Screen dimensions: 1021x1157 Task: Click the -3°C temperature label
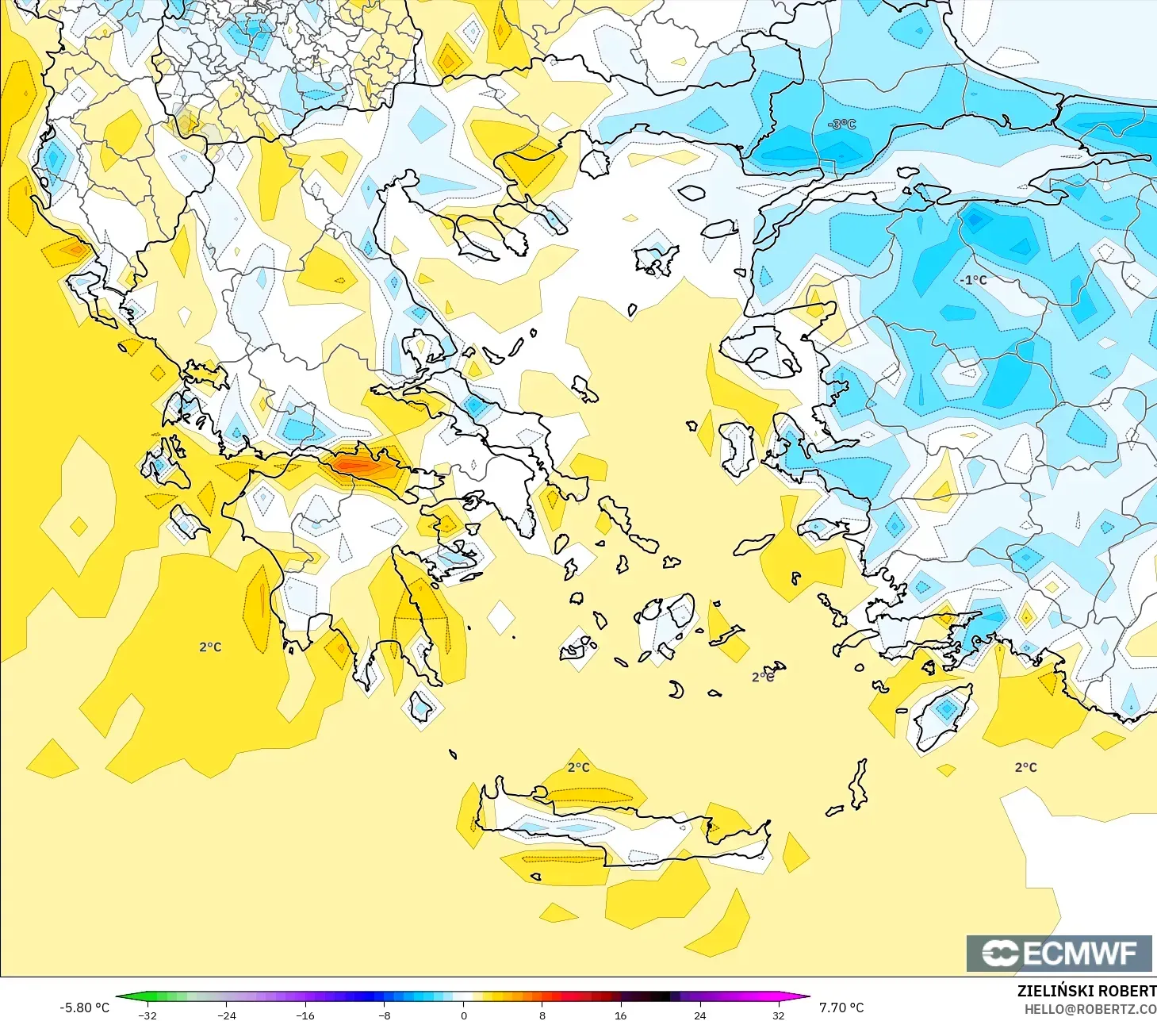coord(842,125)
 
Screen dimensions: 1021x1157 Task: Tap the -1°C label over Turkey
coord(973,280)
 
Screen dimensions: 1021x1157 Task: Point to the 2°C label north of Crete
coord(579,767)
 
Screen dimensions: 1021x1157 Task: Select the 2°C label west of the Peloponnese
coord(210,647)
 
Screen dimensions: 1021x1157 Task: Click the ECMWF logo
coord(1059,953)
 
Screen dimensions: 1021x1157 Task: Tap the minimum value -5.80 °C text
coord(85,1008)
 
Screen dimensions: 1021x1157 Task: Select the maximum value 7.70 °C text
coord(841,1008)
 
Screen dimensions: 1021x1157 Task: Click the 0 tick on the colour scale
coord(464,1015)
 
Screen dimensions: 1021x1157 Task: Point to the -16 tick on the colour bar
coord(305,1015)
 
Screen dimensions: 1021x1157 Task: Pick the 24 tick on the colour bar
coord(699,1015)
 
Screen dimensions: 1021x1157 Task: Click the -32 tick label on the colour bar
coord(147,1015)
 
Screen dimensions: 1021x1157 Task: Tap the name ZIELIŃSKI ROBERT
coord(1086,991)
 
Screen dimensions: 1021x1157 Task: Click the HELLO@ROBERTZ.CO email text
coord(1090,1009)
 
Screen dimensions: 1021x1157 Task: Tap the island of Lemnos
coord(657,259)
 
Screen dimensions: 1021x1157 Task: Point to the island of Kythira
coord(420,706)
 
